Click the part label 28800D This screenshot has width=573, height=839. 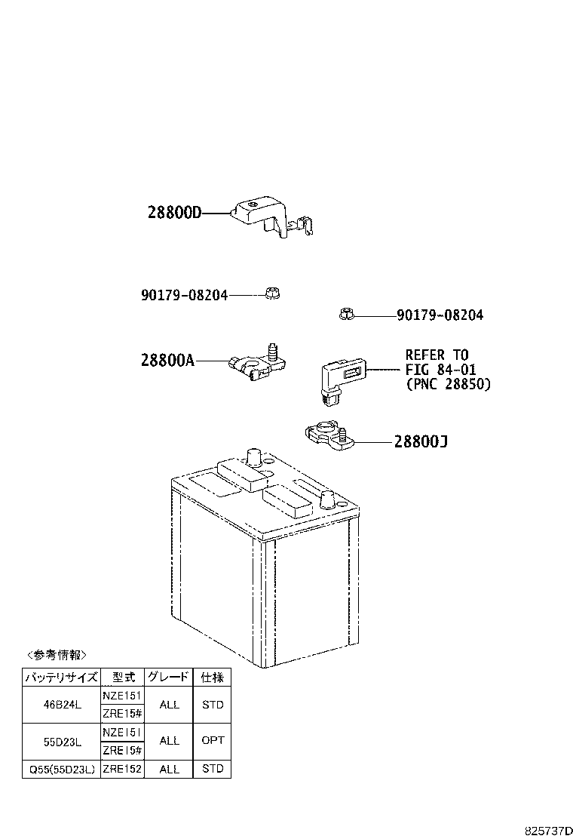click(x=175, y=213)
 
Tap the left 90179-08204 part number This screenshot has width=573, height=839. click(x=185, y=295)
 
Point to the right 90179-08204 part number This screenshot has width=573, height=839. click(x=440, y=315)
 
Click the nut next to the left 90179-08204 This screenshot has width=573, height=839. click(x=273, y=293)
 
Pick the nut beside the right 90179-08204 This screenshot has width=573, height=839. click(x=347, y=314)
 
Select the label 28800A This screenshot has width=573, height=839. click(x=168, y=361)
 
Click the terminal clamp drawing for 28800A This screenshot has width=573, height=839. click(x=258, y=361)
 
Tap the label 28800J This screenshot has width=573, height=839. click(x=421, y=441)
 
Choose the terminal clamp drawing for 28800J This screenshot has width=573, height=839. click(x=329, y=435)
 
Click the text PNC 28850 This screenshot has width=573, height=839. click(x=448, y=384)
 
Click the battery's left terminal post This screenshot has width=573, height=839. click(x=253, y=459)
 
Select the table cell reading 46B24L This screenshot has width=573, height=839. click(x=62, y=705)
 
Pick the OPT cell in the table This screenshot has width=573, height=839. click(x=212, y=741)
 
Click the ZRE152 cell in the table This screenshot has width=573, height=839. click(x=122, y=769)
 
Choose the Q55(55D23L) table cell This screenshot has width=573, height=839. click(x=62, y=769)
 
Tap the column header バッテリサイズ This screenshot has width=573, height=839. click(x=62, y=677)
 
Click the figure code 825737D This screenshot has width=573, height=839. click(x=548, y=831)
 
